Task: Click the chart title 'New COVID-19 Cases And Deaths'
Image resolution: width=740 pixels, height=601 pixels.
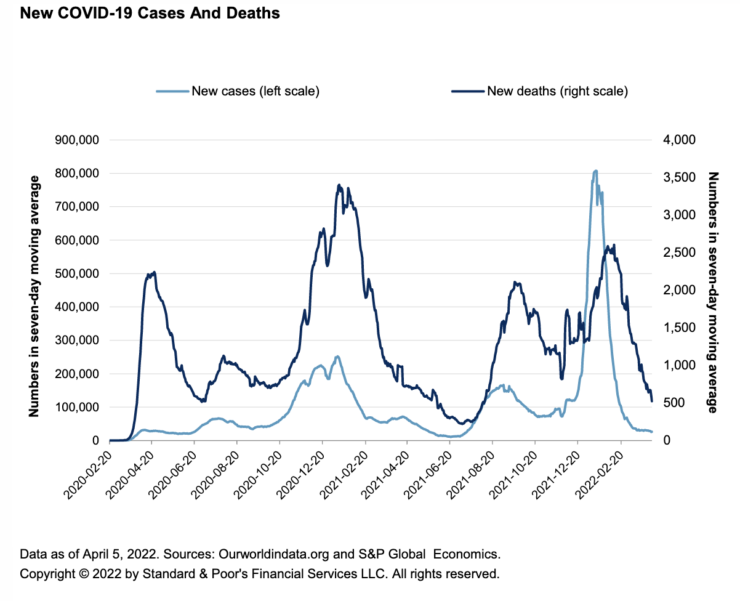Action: click(x=150, y=13)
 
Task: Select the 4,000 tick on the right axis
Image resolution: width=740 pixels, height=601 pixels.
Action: click(x=679, y=140)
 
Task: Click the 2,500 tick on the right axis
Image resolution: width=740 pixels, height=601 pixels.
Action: click(x=679, y=252)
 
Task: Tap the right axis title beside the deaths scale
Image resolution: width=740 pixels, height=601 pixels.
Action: click(x=714, y=292)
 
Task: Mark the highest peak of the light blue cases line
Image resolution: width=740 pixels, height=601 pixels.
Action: click(x=595, y=171)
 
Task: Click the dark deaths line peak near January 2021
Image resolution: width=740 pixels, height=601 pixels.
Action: click(x=339, y=185)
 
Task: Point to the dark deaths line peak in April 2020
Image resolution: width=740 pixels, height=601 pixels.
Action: click(x=154, y=272)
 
